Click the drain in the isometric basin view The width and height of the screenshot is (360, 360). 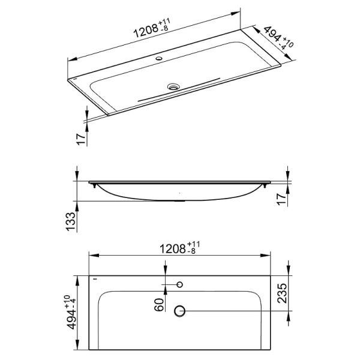(173, 86)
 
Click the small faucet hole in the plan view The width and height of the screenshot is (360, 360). (179, 284)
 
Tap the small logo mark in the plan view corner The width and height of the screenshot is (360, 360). (94, 278)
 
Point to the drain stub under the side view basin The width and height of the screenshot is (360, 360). (179, 200)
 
